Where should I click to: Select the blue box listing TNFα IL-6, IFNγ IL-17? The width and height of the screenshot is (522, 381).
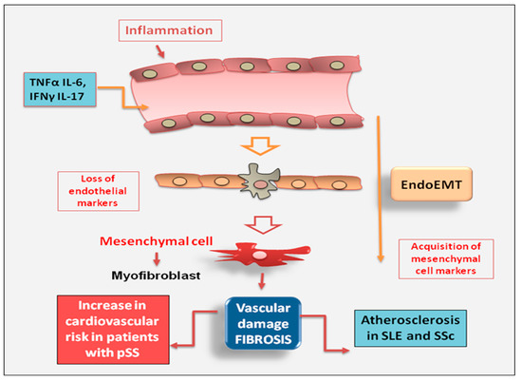[53, 91]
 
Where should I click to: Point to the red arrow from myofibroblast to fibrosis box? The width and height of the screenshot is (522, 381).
[260, 281]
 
